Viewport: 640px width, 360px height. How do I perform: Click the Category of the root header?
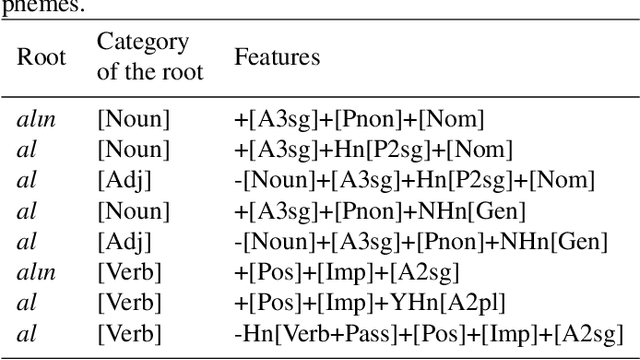point(149,57)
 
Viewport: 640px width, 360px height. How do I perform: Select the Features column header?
point(277,57)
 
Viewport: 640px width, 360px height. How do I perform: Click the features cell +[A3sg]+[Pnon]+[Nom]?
point(358,121)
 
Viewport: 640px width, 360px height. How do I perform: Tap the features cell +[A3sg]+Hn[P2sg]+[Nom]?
point(372,151)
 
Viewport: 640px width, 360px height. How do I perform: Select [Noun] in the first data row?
point(133,121)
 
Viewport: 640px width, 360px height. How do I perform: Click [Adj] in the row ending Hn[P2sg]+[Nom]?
point(125,181)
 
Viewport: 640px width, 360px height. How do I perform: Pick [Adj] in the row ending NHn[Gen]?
point(125,241)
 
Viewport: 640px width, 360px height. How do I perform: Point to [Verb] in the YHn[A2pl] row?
point(130,301)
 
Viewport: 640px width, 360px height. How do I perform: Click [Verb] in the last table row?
point(130,331)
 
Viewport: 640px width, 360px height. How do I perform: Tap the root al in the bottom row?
point(28,331)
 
